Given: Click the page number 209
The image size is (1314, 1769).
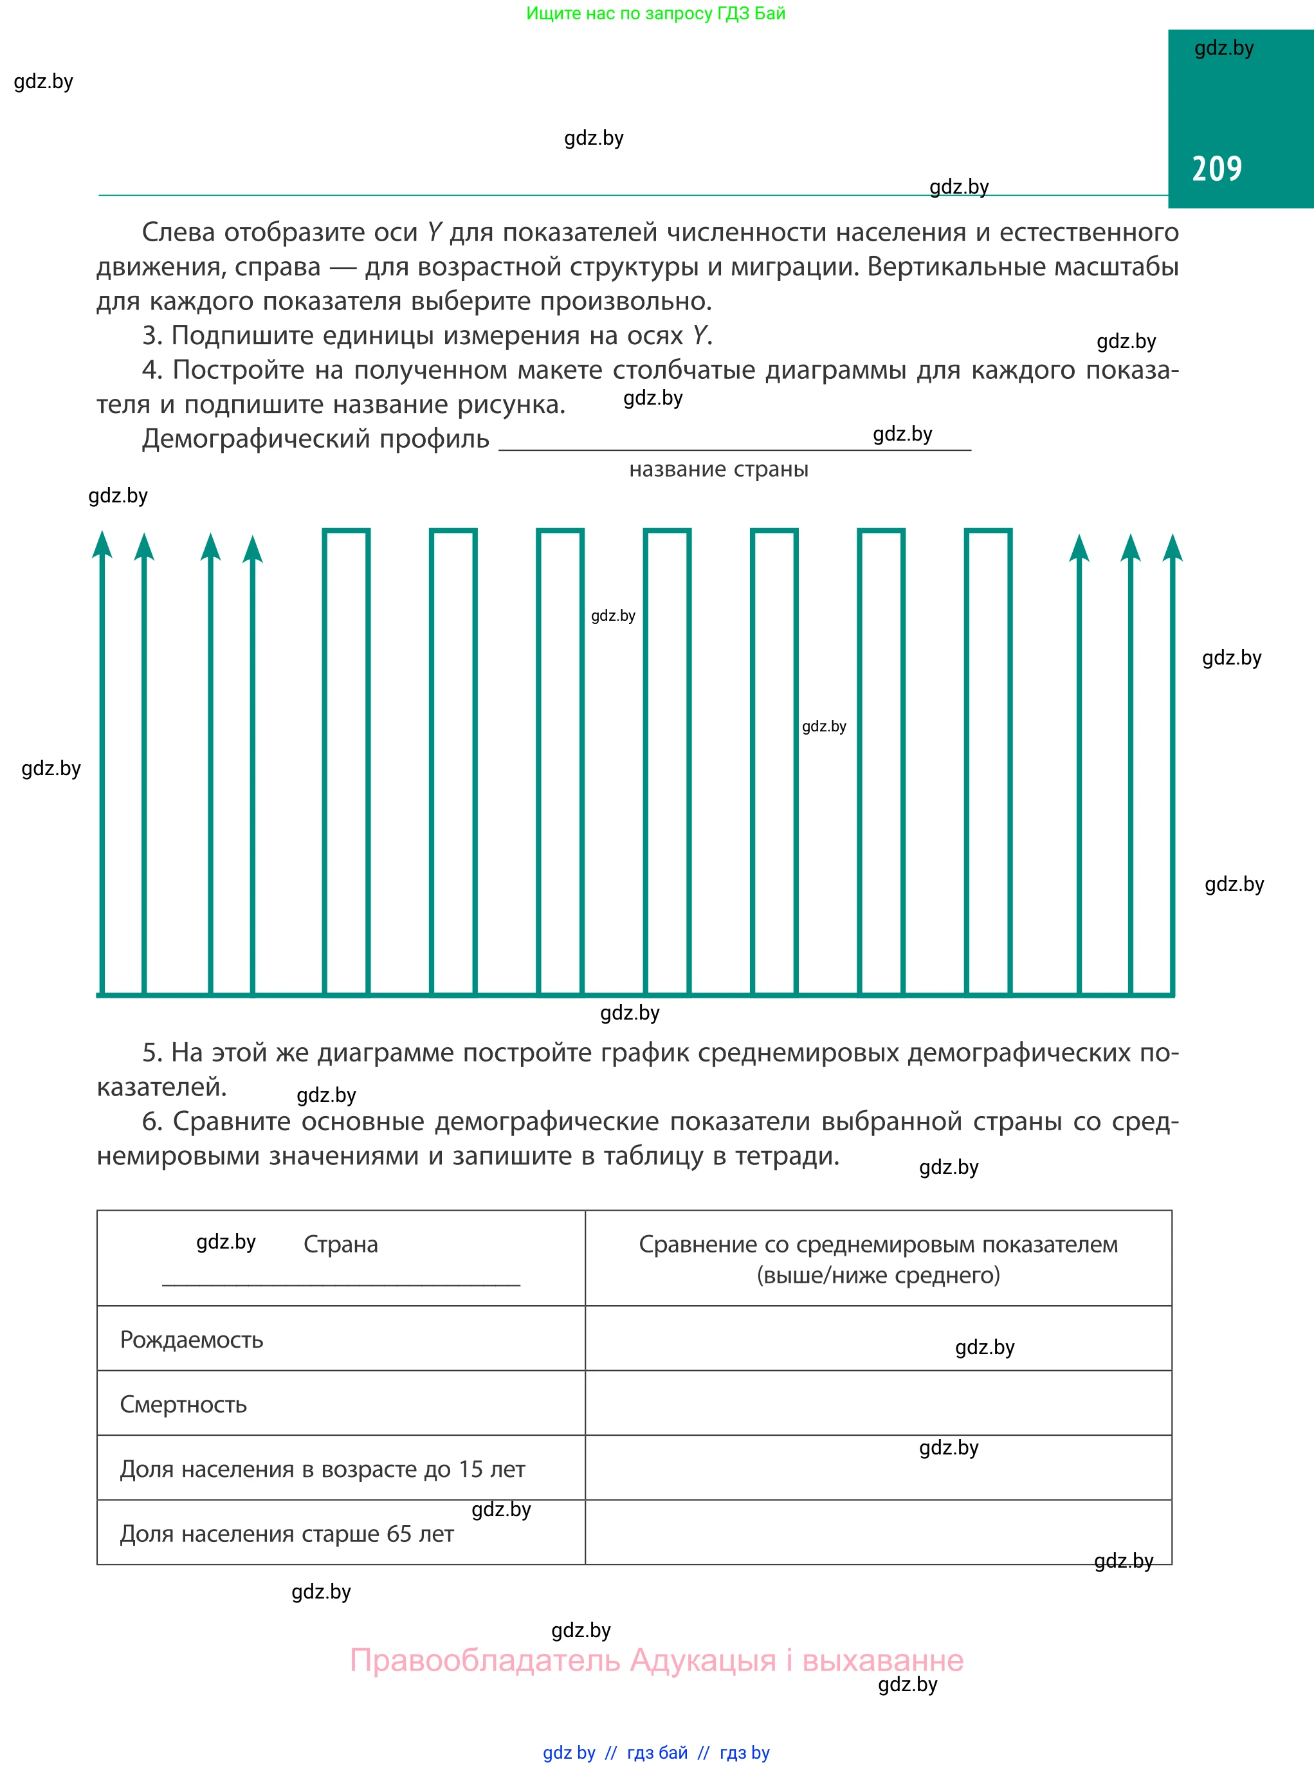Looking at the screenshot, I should [x=1216, y=169].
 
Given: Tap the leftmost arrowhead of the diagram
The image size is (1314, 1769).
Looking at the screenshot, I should [x=102, y=545].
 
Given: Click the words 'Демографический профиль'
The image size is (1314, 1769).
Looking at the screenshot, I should [x=315, y=439].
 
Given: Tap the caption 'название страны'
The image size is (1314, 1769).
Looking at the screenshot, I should [x=718, y=470].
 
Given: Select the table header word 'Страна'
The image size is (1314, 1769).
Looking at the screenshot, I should [x=340, y=1244].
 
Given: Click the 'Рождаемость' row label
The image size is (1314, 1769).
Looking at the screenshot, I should [x=192, y=1339].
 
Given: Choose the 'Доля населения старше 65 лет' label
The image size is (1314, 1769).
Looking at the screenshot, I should [x=287, y=1534].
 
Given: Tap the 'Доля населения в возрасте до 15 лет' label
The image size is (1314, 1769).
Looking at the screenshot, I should [x=322, y=1469].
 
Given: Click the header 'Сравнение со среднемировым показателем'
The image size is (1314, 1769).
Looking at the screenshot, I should [x=878, y=1244].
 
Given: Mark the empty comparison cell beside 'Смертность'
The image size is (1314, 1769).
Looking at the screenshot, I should [x=878, y=1403].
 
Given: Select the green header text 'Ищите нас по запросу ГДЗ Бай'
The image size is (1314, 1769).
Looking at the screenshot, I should [x=655, y=14].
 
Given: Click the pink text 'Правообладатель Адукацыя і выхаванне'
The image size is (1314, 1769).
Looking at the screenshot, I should [x=656, y=1660].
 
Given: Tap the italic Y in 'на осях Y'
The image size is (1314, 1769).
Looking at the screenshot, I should [x=698, y=336].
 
